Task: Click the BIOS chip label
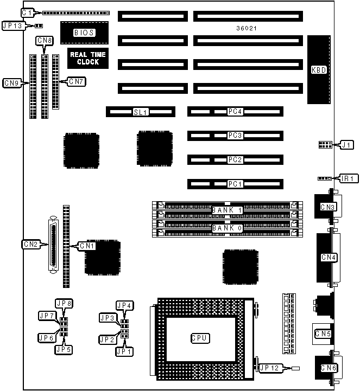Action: [84, 33]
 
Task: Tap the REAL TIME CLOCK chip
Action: [87, 58]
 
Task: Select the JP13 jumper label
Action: [12, 25]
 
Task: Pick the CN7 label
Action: [75, 81]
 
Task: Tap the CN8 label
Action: [44, 41]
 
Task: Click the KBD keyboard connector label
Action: [319, 69]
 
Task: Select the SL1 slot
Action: [141, 112]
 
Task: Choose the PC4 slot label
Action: [235, 112]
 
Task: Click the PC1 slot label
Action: [235, 184]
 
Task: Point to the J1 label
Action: [346, 145]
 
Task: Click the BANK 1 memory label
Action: [227, 210]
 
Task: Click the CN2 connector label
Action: [30, 244]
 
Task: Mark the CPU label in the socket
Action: [200, 338]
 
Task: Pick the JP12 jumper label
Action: [270, 368]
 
